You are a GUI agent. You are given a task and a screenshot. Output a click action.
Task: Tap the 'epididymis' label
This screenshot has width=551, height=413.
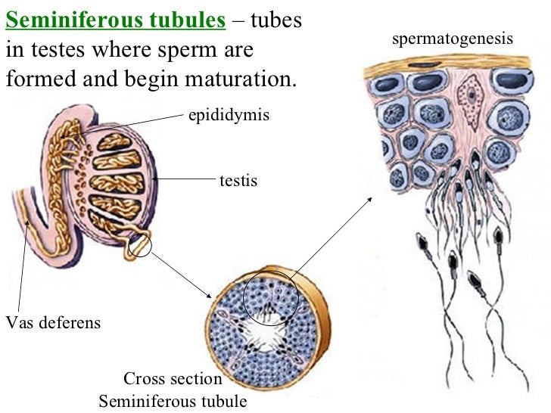pos(229,116)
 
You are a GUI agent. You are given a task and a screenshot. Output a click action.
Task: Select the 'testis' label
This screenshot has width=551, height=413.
pos(238,181)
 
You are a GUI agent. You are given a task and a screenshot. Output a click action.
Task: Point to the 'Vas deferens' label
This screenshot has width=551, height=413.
pos(52,323)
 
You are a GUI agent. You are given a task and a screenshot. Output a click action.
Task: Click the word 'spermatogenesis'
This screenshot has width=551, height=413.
pos(453,39)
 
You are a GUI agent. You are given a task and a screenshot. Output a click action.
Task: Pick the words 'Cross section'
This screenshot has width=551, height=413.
pos(173,379)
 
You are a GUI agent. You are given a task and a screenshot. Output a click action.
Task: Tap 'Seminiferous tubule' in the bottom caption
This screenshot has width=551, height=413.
pos(173,401)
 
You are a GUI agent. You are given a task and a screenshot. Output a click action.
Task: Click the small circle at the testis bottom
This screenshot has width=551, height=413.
pos(140,244)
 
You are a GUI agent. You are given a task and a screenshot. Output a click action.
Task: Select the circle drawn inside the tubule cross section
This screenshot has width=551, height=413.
pos(268,297)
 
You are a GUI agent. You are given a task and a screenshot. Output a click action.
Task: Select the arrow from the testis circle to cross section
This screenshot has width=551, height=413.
pos(182,274)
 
